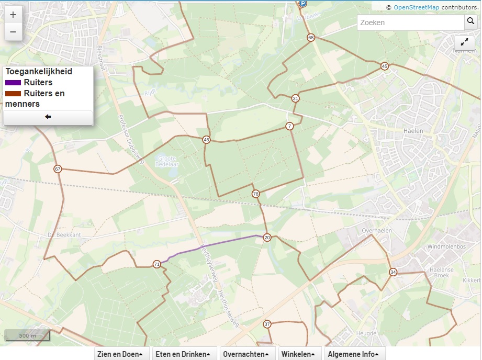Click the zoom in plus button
point(13,15)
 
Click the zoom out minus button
point(13,32)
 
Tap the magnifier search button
point(470,22)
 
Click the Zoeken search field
point(410,22)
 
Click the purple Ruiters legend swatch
point(14,83)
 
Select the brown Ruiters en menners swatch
point(14,94)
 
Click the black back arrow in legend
point(48,117)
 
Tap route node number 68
point(311,38)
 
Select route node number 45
point(385,66)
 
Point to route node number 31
point(296,98)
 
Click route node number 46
point(206,140)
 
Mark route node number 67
point(58,169)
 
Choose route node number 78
point(255,194)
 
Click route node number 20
point(267,237)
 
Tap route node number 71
point(156,264)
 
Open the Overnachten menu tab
point(248,354)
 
